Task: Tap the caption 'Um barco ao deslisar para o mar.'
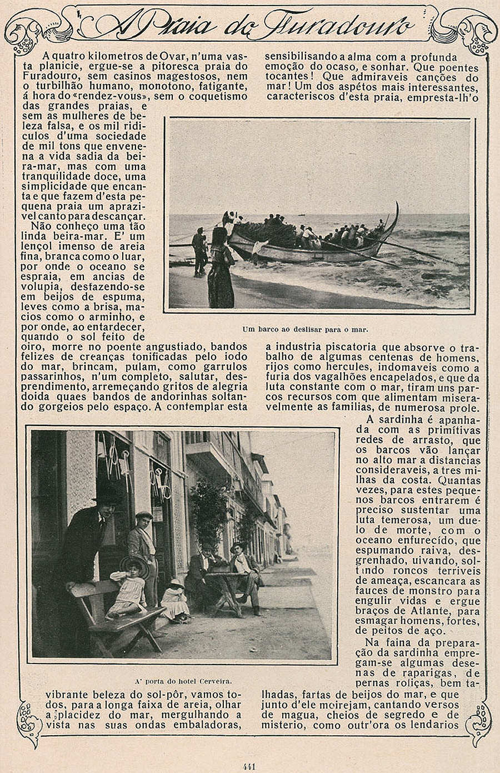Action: (306, 329)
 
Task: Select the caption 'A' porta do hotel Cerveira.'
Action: (183, 680)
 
